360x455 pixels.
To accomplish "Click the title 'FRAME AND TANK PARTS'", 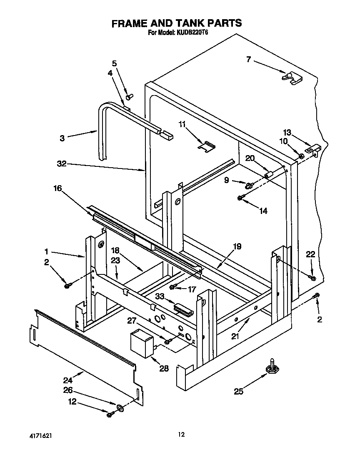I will [176, 23].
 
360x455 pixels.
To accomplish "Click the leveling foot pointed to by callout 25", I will [273, 367].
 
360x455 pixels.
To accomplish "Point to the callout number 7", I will [249, 60].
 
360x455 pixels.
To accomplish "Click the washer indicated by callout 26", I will [119, 406].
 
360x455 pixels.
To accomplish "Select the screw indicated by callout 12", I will [110, 414].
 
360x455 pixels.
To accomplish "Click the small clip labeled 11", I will [207, 146].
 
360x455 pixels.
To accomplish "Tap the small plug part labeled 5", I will [130, 97].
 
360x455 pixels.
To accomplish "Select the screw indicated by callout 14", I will [241, 198].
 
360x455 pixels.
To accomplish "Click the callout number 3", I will [62, 138].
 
